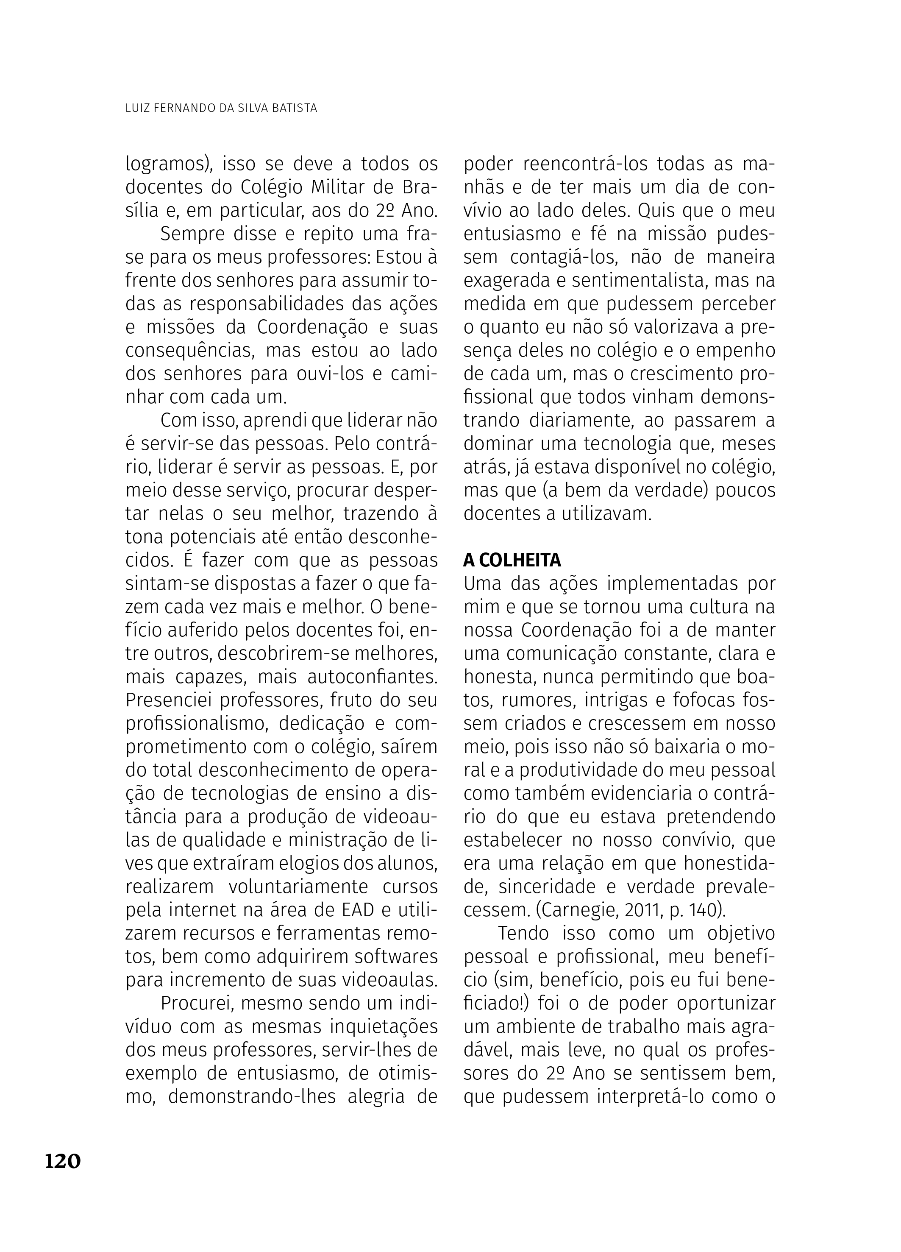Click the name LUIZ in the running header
[137, 108]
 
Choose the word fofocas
[710, 700]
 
